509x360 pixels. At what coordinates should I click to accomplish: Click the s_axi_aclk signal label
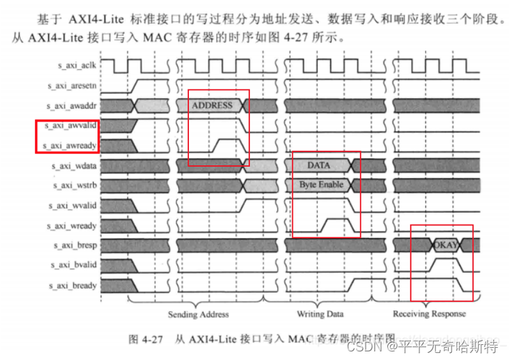point(77,65)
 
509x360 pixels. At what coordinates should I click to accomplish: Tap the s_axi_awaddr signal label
point(74,105)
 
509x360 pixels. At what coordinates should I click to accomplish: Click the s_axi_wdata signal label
point(77,165)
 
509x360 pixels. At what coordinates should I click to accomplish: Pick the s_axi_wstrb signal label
point(77,185)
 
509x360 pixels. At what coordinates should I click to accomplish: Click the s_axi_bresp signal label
point(77,245)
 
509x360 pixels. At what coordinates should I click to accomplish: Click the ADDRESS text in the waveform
point(212,105)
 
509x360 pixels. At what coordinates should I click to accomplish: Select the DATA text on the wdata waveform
point(319,165)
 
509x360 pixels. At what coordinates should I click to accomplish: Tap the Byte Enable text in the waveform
point(321,185)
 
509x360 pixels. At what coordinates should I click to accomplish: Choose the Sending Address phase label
point(198,314)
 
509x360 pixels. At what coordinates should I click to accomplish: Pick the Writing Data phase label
point(320,314)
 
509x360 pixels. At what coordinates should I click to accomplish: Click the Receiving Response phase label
point(430,314)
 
